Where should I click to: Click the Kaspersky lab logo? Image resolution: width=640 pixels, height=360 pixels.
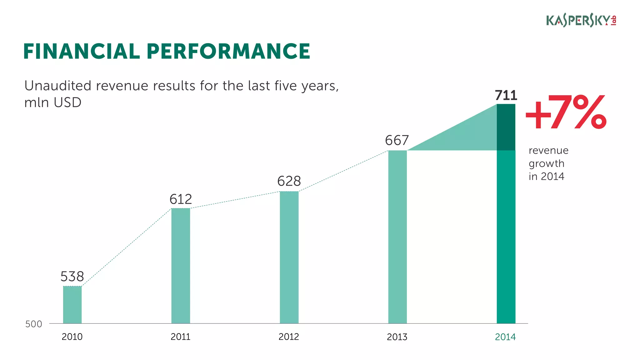(x=581, y=21)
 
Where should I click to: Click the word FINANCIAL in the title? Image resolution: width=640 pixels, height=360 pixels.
(x=81, y=52)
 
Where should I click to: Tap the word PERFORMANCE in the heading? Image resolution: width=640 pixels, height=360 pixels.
(x=228, y=52)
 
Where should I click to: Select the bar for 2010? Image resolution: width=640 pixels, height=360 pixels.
(x=72, y=305)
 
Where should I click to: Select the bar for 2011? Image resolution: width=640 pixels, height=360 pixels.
(x=181, y=266)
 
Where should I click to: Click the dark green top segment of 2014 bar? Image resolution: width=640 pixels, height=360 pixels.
(x=506, y=127)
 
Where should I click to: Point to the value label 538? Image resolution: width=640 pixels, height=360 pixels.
(x=72, y=277)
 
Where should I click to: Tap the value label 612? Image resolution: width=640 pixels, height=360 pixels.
(x=181, y=199)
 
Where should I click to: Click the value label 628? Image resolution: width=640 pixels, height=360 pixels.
(x=289, y=181)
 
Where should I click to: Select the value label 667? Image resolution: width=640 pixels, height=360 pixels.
(x=397, y=140)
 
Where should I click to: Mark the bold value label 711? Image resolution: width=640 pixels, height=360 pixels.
(x=506, y=95)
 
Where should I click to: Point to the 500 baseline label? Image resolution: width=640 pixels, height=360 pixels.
(x=33, y=324)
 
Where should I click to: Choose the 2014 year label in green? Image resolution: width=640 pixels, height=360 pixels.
(x=505, y=337)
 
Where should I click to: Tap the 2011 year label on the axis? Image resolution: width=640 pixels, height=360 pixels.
(x=180, y=337)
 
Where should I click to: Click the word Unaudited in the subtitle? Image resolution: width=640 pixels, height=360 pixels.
(x=58, y=86)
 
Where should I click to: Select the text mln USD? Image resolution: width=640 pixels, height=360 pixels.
(x=53, y=102)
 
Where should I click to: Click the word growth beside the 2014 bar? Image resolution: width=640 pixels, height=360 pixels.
(x=546, y=164)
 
